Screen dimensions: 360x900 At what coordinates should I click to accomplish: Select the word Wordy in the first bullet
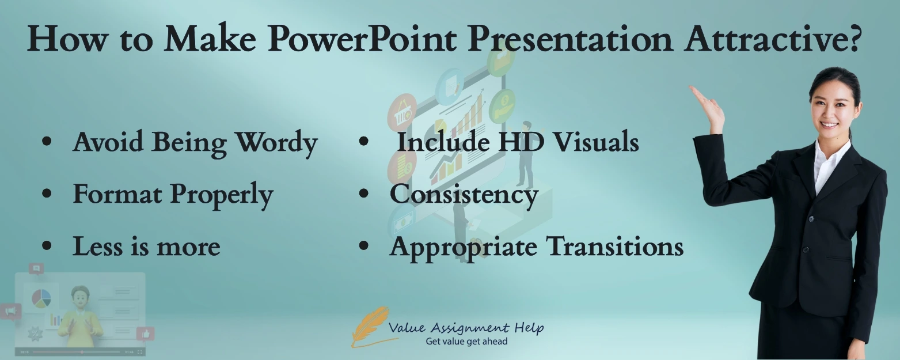[x=277, y=142]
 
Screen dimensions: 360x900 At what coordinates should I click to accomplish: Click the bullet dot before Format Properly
[x=47, y=194]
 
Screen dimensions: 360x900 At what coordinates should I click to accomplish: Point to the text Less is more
[x=146, y=247]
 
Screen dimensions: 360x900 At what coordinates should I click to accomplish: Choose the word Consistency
[x=464, y=194]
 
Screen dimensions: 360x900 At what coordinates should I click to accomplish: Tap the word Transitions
[x=614, y=247]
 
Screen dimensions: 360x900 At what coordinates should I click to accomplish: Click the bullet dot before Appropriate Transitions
[x=363, y=245]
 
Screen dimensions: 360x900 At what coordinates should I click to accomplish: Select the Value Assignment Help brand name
[x=466, y=328]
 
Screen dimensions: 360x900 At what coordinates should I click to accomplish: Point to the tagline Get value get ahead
[x=466, y=342]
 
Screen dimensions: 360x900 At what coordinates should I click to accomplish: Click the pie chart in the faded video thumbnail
[x=41, y=298]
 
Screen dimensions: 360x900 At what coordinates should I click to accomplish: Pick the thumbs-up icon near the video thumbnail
[x=145, y=334]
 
